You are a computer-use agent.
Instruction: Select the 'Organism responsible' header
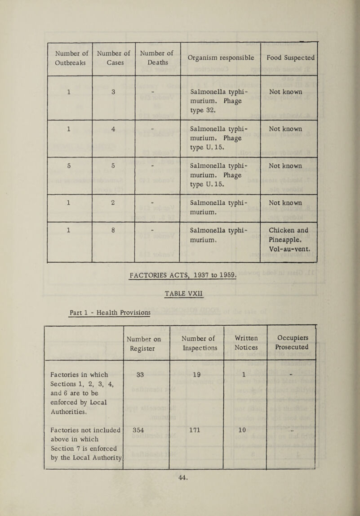coord(220,58)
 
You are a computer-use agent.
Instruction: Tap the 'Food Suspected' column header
coord(289,58)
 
